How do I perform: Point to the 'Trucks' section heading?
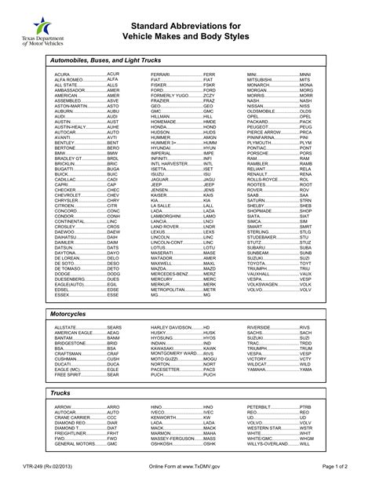(x=60, y=392)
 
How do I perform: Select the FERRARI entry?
(x=182, y=73)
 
